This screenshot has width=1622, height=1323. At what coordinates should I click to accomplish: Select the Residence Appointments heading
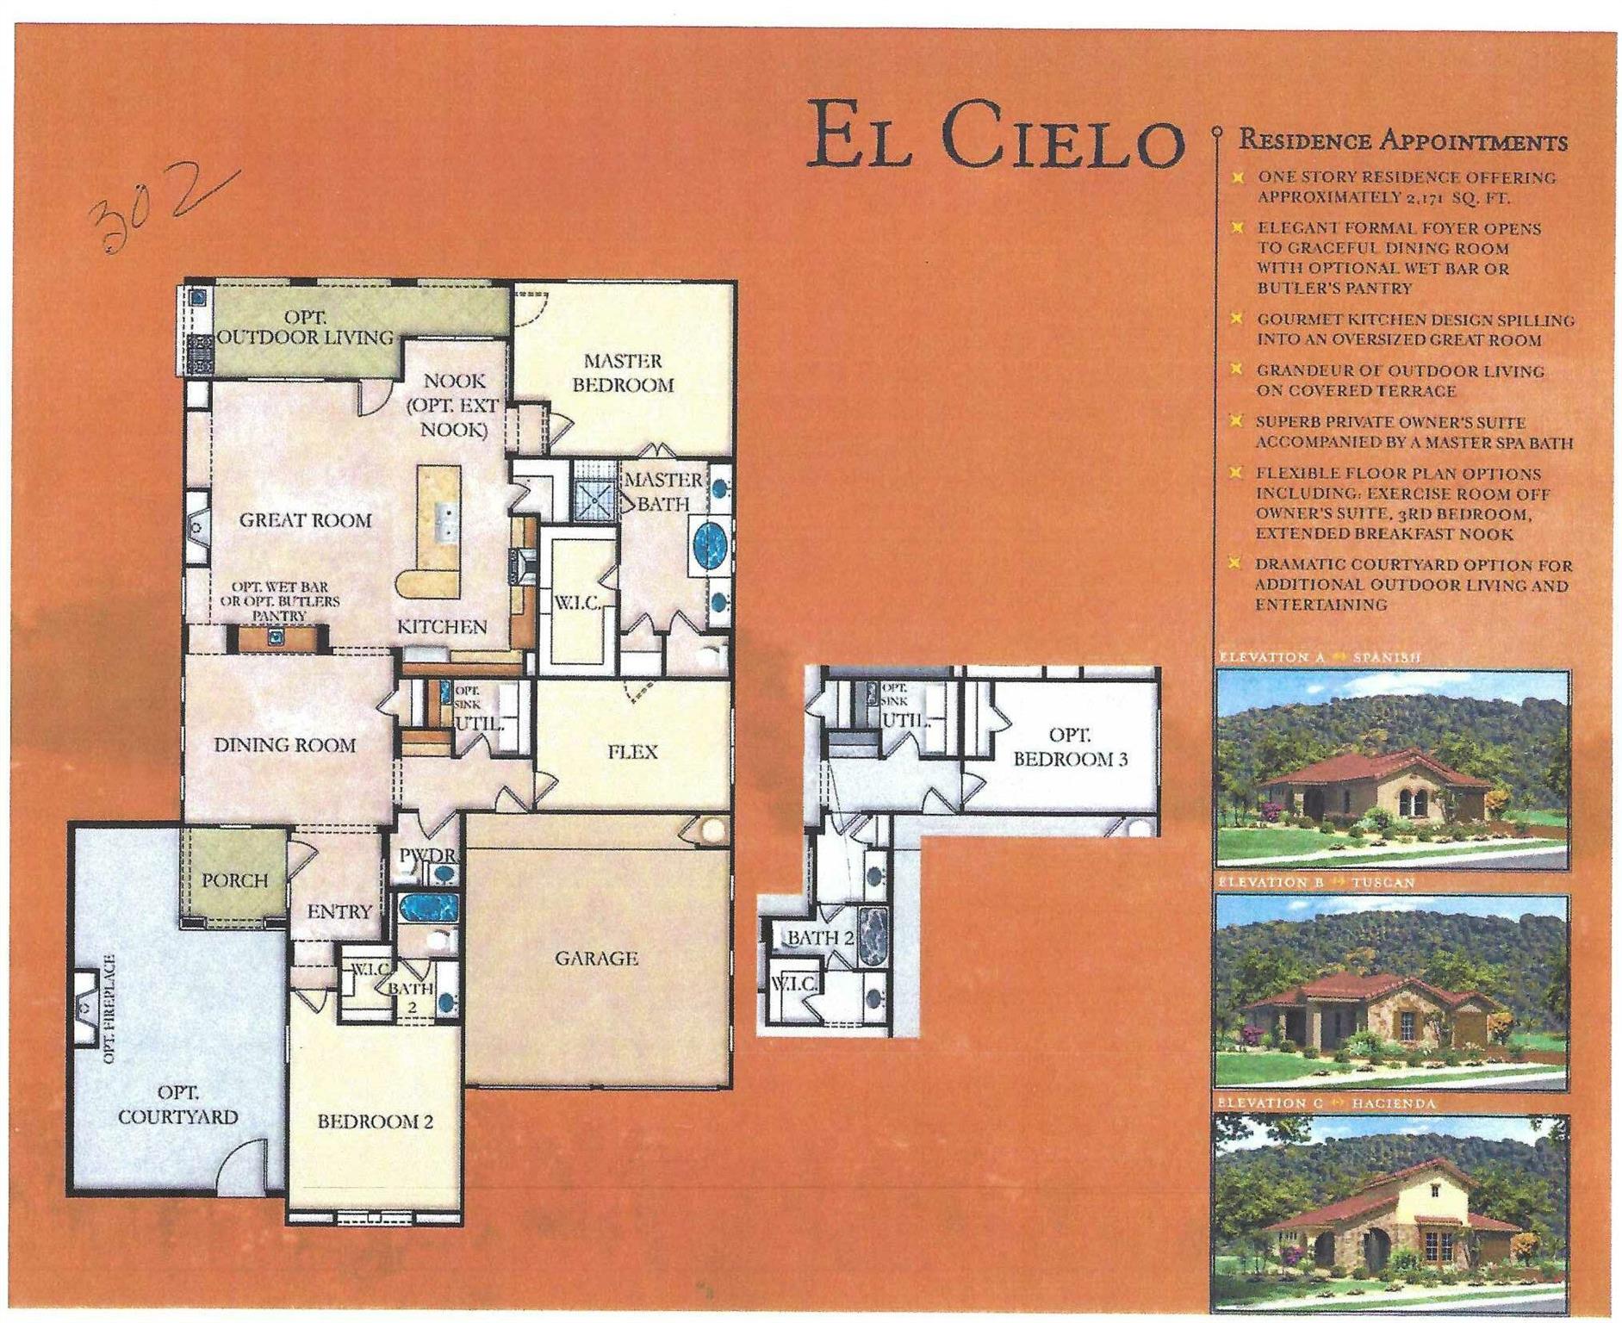pos(1402,140)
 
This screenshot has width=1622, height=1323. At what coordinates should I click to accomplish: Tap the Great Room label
pos(305,520)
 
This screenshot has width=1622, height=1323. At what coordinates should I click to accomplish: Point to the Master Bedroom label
pos(623,373)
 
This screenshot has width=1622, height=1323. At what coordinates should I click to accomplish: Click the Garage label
pos(596,958)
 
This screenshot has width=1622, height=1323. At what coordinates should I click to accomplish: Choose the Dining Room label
pos(284,745)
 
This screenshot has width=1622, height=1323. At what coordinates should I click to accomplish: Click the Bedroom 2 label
pos(375,1121)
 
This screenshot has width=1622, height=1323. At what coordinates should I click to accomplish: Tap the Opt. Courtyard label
pos(177,1104)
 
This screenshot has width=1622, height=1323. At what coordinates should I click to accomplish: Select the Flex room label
pos(632,752)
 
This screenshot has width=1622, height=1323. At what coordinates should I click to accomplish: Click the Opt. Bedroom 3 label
pos(1070,747)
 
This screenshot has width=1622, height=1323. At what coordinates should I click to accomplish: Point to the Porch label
pos(234,880)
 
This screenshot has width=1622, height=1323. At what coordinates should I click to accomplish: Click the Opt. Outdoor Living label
pos(305,327)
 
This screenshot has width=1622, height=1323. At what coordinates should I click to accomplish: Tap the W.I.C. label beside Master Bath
pos(576,602)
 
